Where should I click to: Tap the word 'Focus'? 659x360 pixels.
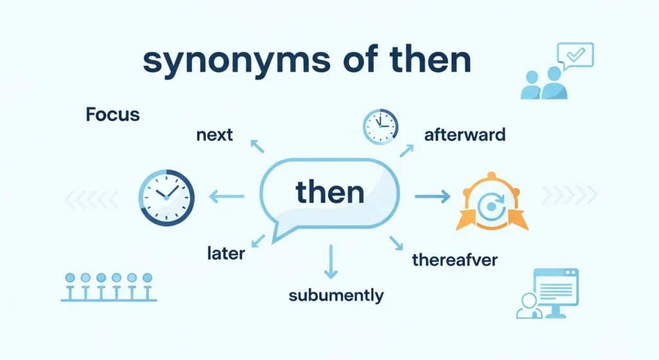[x=113, y=115]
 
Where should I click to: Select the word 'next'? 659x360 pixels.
[x=214, y=135]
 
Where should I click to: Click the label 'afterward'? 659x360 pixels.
[x=465, y=135]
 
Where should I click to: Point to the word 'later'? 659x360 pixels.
[x=226, y=253]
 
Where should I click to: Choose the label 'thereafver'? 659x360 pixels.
[x=454, y=261]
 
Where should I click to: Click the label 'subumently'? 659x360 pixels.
[x=336, y=296]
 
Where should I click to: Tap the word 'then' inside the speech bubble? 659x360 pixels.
[x=329, y=192]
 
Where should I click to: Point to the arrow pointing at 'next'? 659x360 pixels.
[x=257, y=146]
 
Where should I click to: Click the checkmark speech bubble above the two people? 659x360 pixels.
[x=575, y=56]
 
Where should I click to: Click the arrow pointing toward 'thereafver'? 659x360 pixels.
[x=396, y=243]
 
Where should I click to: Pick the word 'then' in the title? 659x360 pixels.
[x=431, y=61]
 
